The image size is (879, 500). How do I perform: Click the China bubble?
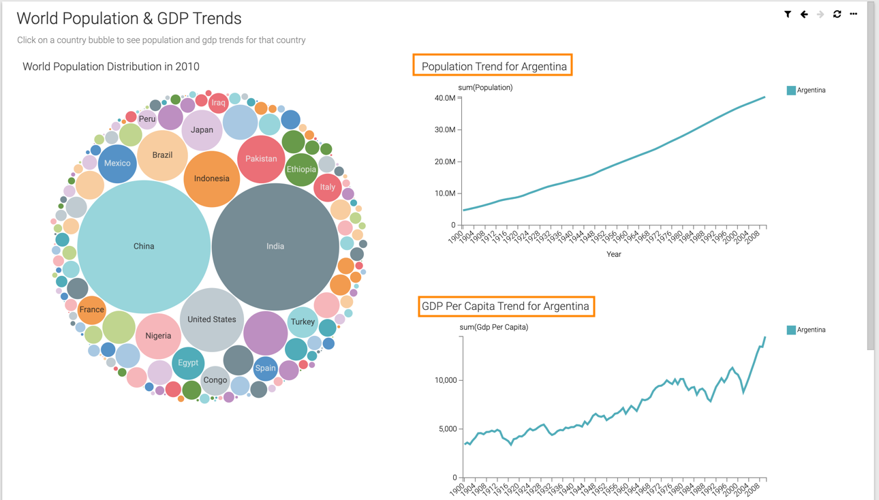click(144, 246)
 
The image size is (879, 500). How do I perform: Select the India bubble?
click(275, 246)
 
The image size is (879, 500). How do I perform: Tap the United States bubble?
click(211, 319)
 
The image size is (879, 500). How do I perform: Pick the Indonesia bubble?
click(211, 178)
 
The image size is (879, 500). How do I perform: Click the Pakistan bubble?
click(261, 159)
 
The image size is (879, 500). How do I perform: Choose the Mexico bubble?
click(117, 163)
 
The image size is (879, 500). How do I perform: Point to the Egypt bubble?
click(188, 363)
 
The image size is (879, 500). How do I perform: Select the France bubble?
click(91, 310)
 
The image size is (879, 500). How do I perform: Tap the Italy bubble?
click(328, 187)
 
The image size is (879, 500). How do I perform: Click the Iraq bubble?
click(218, 103)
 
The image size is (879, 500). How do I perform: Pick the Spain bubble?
click(265, 369)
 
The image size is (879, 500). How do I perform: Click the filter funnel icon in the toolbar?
click(788, 14)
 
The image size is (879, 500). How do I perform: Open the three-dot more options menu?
click(853, 14)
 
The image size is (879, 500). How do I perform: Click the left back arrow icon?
click(804, 14)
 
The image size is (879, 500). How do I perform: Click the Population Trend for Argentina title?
click(493, 66)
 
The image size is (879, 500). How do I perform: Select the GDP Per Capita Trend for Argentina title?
click(506, 307)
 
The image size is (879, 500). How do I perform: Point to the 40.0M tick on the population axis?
click(445, 98)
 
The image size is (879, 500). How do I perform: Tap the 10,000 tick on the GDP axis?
click(446, 380)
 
